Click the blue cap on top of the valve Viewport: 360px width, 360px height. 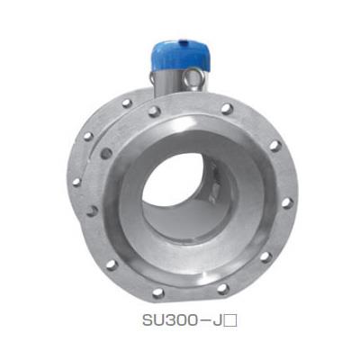pyautogui.click(x=180, y=57)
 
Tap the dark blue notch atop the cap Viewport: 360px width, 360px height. pyautogui.click(x=184, y=43)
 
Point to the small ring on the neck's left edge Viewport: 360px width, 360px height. pyautogui.click(x=152, y=79)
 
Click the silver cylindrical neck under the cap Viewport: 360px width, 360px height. pyautogui.click(x=169, y=84)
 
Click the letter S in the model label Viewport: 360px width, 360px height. pyautogui.click(x=148, y=320)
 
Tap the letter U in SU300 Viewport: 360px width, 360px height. pyautogui.click(x=160, y=320)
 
